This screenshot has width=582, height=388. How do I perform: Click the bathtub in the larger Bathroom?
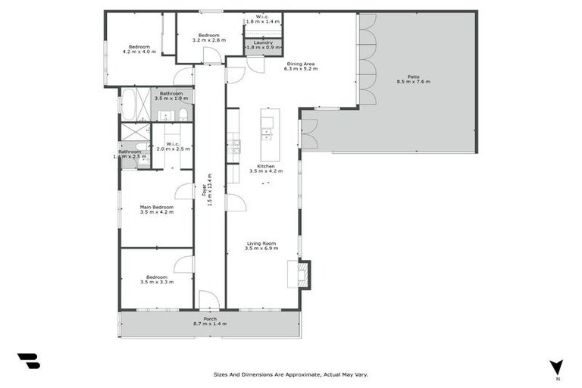[128, 105]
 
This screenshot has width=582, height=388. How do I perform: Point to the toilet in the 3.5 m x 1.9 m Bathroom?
[183, 114]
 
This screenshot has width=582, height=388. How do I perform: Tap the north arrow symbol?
[557, 367]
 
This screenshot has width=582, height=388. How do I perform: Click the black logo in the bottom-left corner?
[28, 361]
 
